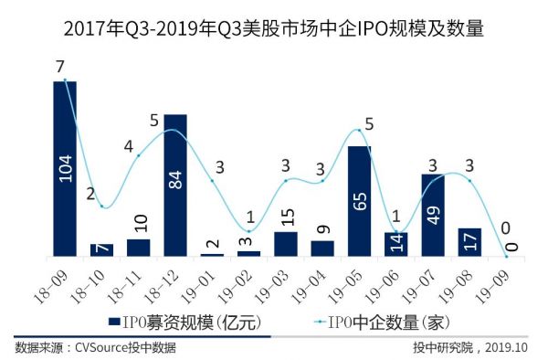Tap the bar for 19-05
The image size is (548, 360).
click(359, 200)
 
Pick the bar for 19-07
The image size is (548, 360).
click(432, 215)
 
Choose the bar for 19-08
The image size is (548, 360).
click(469, 241)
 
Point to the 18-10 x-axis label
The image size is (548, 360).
click(91, 277)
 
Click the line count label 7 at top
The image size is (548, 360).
click(59, 67)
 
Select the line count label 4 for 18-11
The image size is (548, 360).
click(129, 145)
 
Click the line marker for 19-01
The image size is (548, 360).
click(212, 180)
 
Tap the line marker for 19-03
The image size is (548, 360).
click(286, 180)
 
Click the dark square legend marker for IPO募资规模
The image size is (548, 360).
click(114, 321)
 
